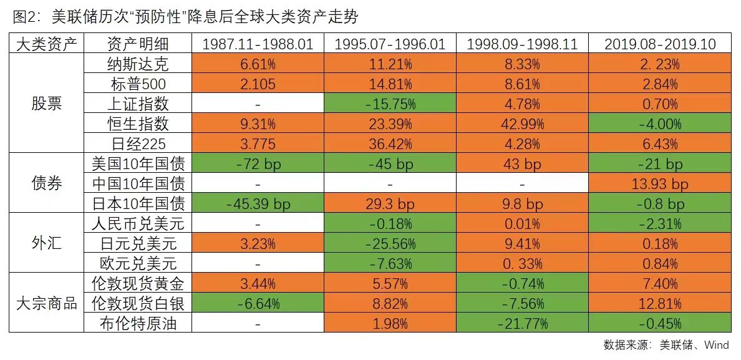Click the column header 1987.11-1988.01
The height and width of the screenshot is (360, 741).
(258, 44)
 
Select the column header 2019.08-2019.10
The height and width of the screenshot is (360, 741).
(659, 44)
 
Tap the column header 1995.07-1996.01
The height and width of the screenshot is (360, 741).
(390, 44)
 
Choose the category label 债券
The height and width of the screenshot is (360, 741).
(47, 183)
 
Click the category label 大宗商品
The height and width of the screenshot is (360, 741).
(47, 303)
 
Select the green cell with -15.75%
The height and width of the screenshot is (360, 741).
(390, 104)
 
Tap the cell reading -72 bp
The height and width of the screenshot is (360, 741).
(258, 164)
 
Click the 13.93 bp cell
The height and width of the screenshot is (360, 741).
(659, 184)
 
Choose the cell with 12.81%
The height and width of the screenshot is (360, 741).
(659, 304)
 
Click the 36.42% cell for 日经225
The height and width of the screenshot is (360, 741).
(390, 144)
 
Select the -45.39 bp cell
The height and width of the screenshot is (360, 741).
(258, 204)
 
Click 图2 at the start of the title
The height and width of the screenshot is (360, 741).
(23, 17)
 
